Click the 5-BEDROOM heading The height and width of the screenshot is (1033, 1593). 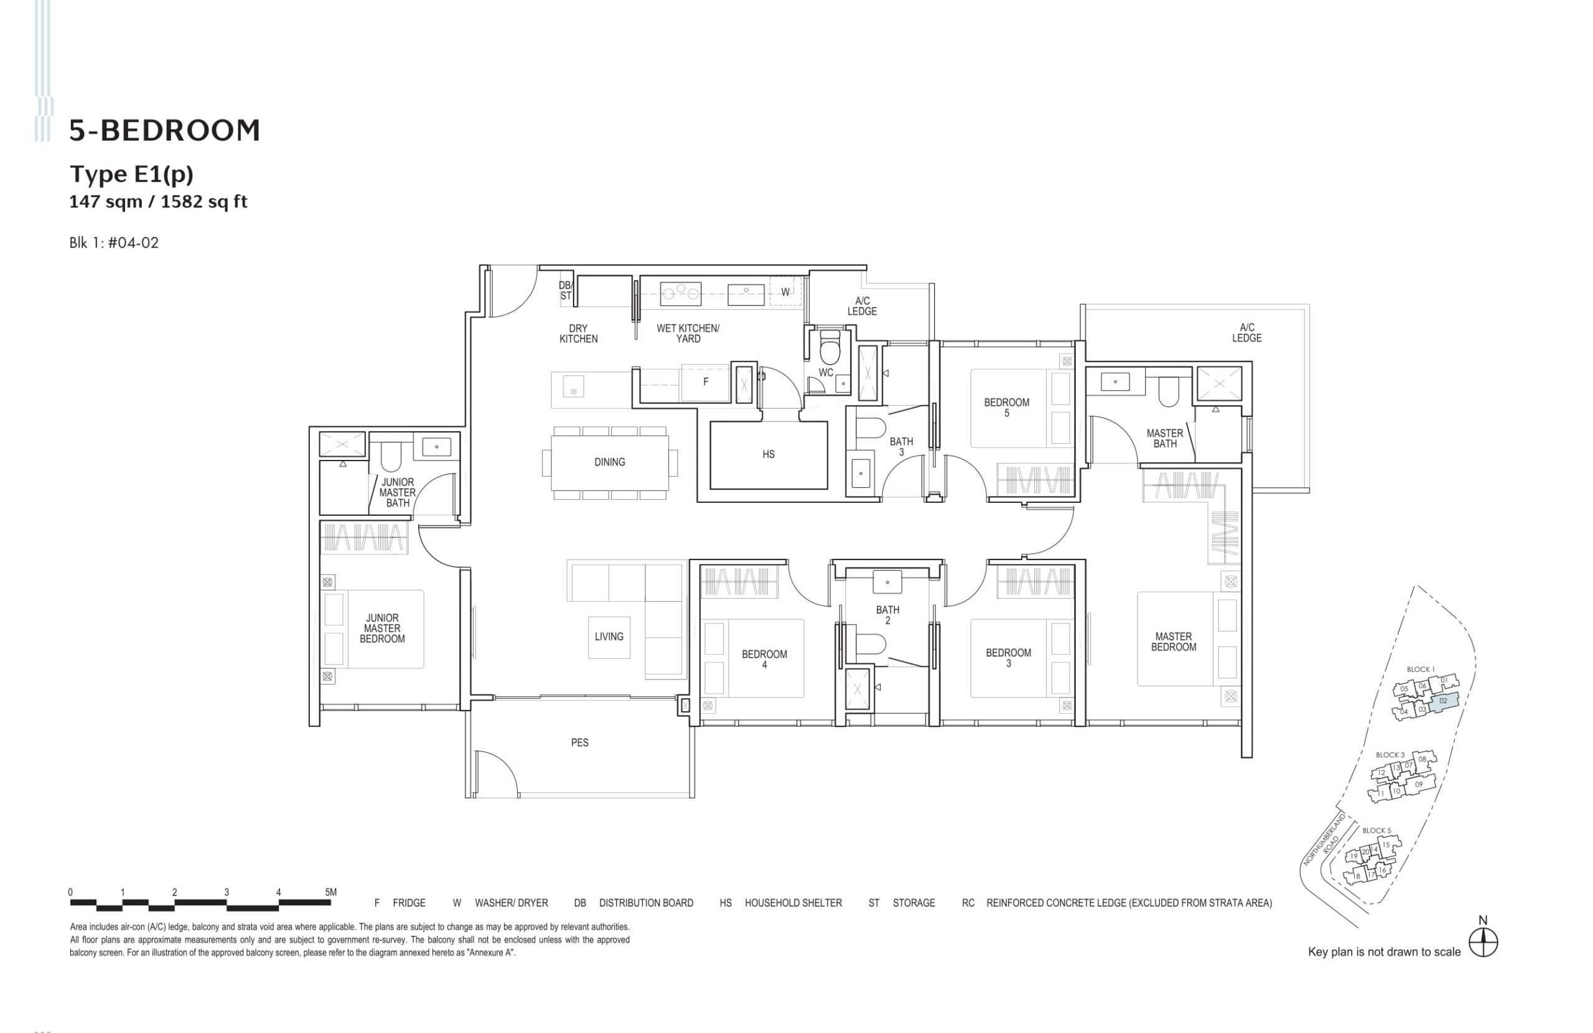click(165, 131)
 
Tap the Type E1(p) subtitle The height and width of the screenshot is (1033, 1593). click(132, 174)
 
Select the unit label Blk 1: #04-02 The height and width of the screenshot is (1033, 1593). click(114, 243)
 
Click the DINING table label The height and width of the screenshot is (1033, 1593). click(609, 462)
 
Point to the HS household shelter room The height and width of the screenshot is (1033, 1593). click(768, 454)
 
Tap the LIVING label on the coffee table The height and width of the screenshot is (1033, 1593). click(609, 637)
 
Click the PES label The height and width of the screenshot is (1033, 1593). click(579, 742)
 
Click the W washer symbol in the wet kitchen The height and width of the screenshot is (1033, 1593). click(786, 292)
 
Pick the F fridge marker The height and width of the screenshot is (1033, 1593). click(706, 382)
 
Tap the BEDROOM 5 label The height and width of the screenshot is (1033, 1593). click(1006, 408)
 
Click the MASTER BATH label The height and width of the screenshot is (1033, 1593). click(1165, 439)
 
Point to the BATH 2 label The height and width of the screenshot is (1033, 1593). click(887, 615)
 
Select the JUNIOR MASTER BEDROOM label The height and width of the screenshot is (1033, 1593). click(382, 629)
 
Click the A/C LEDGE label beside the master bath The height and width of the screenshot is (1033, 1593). click(1246, 333)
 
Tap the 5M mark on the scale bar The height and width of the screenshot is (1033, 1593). click(330, 892)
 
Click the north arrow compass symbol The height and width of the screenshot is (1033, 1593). click(1483, 943)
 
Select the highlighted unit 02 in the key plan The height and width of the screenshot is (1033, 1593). click(1443, 701)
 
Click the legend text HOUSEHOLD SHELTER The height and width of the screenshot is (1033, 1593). click(793, 903)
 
